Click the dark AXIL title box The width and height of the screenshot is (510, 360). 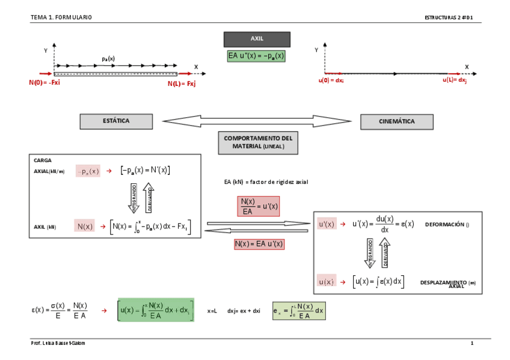pos(257,39)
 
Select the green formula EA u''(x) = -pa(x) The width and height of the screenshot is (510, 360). pos(256,56)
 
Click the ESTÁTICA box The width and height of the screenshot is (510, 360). pos(115,121)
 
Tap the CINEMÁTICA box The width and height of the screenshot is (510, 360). pos(396,121)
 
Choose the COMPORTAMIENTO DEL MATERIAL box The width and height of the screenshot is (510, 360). pos(258,142)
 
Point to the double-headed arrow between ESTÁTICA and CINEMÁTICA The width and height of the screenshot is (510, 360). pos(257,121)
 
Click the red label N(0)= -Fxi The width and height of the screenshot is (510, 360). pos(45,83)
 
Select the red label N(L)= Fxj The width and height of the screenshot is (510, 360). pos(182,84)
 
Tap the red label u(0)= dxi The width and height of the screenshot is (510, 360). pos(331,80)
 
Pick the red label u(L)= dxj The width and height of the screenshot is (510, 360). pos(455,80)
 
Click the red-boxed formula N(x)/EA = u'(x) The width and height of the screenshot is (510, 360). pos(258,206)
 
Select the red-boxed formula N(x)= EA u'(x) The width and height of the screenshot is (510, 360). pos(259,244)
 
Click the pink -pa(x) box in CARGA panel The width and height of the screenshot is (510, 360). pos(88,171)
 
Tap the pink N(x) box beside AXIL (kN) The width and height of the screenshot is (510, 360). pos(85,226)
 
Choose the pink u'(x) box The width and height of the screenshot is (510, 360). pos(327,224)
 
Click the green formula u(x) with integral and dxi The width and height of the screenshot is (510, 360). pos(156,310)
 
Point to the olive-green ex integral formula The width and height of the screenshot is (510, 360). pos(298,311)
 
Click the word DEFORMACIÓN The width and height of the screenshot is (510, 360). pos(444,224)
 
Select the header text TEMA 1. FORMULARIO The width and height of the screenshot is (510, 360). pos(61,17)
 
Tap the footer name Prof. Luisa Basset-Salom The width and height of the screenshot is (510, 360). pos(59,343)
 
